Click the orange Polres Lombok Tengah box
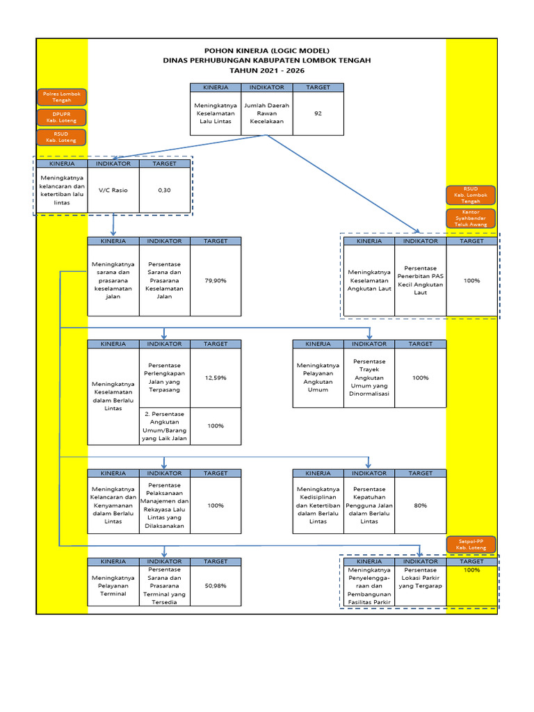tap(62, 97)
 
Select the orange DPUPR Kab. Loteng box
tap(62, 117)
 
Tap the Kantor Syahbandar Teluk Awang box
tap(471, 218)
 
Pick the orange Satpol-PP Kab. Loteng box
tap(471, 544)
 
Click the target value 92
tap(318, 113)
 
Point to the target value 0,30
tap(164, 190)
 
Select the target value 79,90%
tap(216, 280)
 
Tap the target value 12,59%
tap(216, 378)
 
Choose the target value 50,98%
tap(216, 585)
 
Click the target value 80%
tap(420, 505)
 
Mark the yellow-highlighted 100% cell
tap(471, 570)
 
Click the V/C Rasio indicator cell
tap(113, 190)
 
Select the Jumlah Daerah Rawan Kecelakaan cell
tap(267, 113)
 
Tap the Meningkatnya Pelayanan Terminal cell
tap(113, 585)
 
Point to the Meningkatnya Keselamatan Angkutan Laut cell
tap(369, 280)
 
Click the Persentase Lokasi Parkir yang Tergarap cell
tap(420, 578)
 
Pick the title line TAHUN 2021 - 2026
tap(266, 71)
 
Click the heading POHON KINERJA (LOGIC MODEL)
tap(266, 51)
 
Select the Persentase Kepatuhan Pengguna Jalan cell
tap(369, 505)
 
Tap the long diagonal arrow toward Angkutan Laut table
tap(341, 183)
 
